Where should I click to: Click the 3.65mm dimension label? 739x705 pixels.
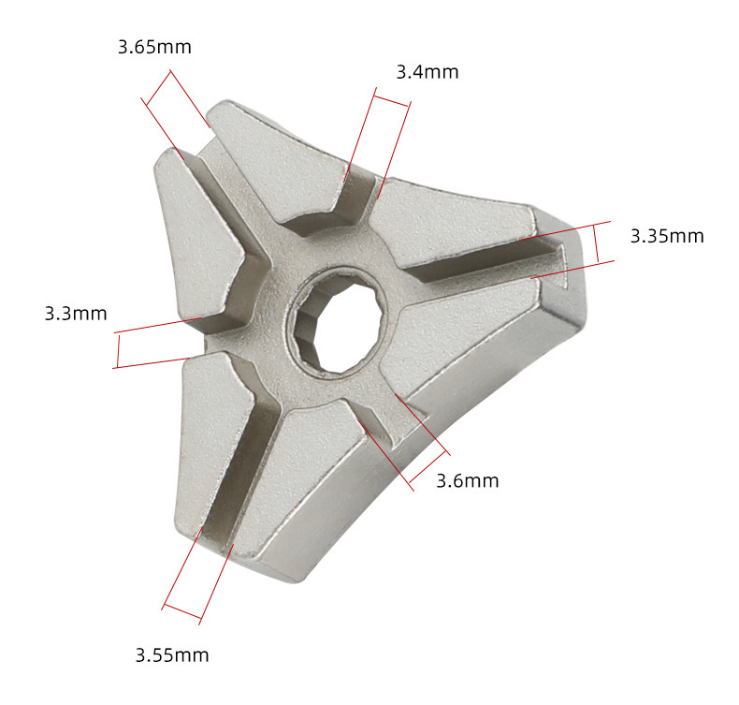coord(154,47)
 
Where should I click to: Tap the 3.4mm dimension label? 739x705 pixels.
coord(427,72)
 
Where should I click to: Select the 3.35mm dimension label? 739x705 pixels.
coord(667,236)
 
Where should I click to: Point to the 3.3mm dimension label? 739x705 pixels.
coord(76,314)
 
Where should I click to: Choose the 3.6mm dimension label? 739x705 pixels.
coord(467,481)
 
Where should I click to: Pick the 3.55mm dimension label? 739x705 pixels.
coord(172,655)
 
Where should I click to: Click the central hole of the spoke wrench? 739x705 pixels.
coord(341,321)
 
